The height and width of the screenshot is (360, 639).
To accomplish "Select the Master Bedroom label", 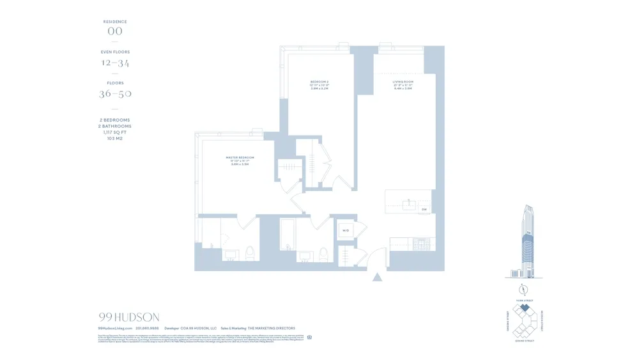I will (x=240, y=159).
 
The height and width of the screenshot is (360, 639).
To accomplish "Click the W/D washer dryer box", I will (x=345, y=230).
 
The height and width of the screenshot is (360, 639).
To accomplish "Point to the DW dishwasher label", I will (x=424, y=209).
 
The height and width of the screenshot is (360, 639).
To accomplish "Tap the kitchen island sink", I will (x=409, y=205).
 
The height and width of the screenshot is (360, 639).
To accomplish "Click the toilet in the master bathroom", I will (x=249, y=253).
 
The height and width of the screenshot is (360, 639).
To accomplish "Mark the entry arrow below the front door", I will (x=377, y=277).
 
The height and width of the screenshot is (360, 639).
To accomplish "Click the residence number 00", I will (x=115, y=31).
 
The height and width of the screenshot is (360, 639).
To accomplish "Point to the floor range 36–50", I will (x=115, y=94).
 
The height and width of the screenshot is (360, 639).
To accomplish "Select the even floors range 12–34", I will (x=115, y=63).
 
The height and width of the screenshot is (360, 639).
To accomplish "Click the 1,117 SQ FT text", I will (x=115, y=132).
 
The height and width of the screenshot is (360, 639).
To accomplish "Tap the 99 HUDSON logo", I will (x=129, y=317).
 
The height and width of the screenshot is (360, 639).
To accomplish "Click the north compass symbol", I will (x=523, y=287).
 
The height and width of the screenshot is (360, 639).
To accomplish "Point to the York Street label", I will (x=524, y=301).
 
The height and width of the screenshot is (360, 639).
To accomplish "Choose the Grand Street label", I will (x=524, y=341).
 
